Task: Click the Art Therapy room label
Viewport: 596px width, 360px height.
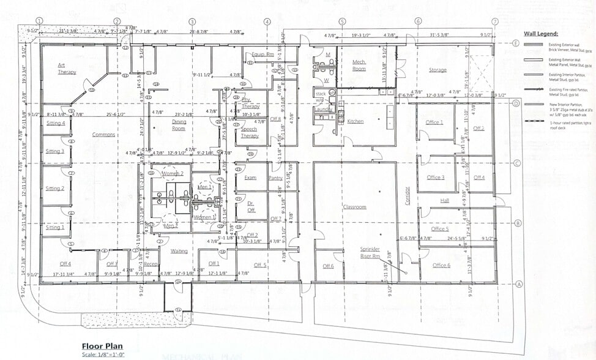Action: tap(67, 68)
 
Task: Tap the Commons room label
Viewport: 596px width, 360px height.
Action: tap(103, 135)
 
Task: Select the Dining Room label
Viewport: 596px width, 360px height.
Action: tap(178, 125)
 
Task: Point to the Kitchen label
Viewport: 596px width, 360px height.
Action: tap(356, 121)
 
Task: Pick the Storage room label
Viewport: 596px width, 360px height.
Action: tap(438, 70)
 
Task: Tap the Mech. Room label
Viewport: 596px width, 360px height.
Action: tap(359, 66)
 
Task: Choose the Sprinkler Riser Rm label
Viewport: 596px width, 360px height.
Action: tap(370, 253)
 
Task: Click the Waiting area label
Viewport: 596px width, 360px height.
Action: tap(179, 251)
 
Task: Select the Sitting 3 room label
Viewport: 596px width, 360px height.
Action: tap(55, 151)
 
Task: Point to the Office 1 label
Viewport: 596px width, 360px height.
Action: tap(434, 122)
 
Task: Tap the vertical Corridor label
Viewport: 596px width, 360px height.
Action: tap(406, 195)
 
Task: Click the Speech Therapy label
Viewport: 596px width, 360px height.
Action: tap(249, 132)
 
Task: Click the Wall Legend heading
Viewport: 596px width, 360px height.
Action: tap(540, 34)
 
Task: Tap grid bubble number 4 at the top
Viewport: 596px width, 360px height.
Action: tap(267, 21)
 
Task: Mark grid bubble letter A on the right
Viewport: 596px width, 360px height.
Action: tap(518, 283)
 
